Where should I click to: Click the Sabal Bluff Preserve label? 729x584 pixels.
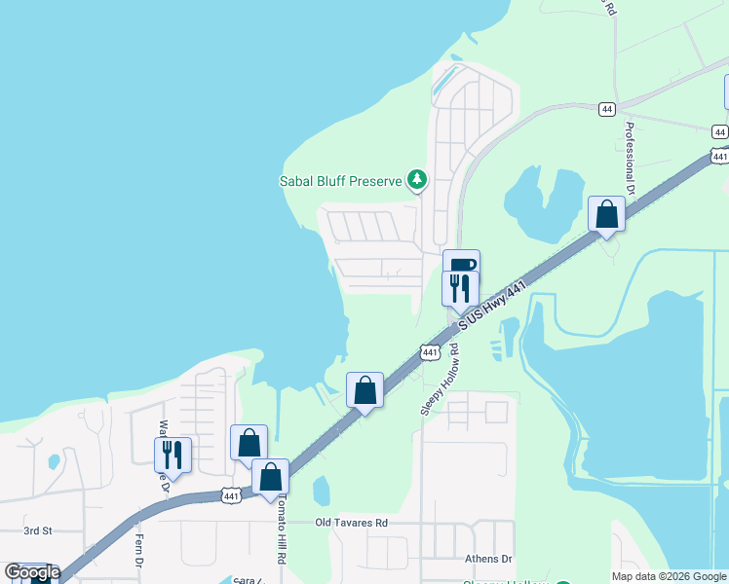pos(341,180)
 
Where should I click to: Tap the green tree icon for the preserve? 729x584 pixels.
pos(417,179)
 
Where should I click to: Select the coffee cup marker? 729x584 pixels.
pos(461,266)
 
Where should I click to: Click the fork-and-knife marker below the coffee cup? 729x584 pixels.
pos(460,288)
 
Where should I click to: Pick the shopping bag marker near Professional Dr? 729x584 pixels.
pos(606,214)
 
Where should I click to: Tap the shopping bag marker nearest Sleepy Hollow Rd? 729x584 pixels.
pos(364,390)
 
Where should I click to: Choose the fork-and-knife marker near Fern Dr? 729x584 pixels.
pos(173,455)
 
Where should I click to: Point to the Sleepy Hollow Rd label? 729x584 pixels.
pos(440,379)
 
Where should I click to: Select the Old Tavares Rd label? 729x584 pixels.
pos(351,523)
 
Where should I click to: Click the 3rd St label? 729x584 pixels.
pos(37,531)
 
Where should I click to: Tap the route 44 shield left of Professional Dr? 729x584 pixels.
pos(607,110)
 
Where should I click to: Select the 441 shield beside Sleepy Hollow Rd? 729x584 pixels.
pos(430,350)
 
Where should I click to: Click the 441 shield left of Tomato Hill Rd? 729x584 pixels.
pos(231,496)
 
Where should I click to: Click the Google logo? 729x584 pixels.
pos(32,572)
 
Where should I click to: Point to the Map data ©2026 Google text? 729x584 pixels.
pos(668,576)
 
